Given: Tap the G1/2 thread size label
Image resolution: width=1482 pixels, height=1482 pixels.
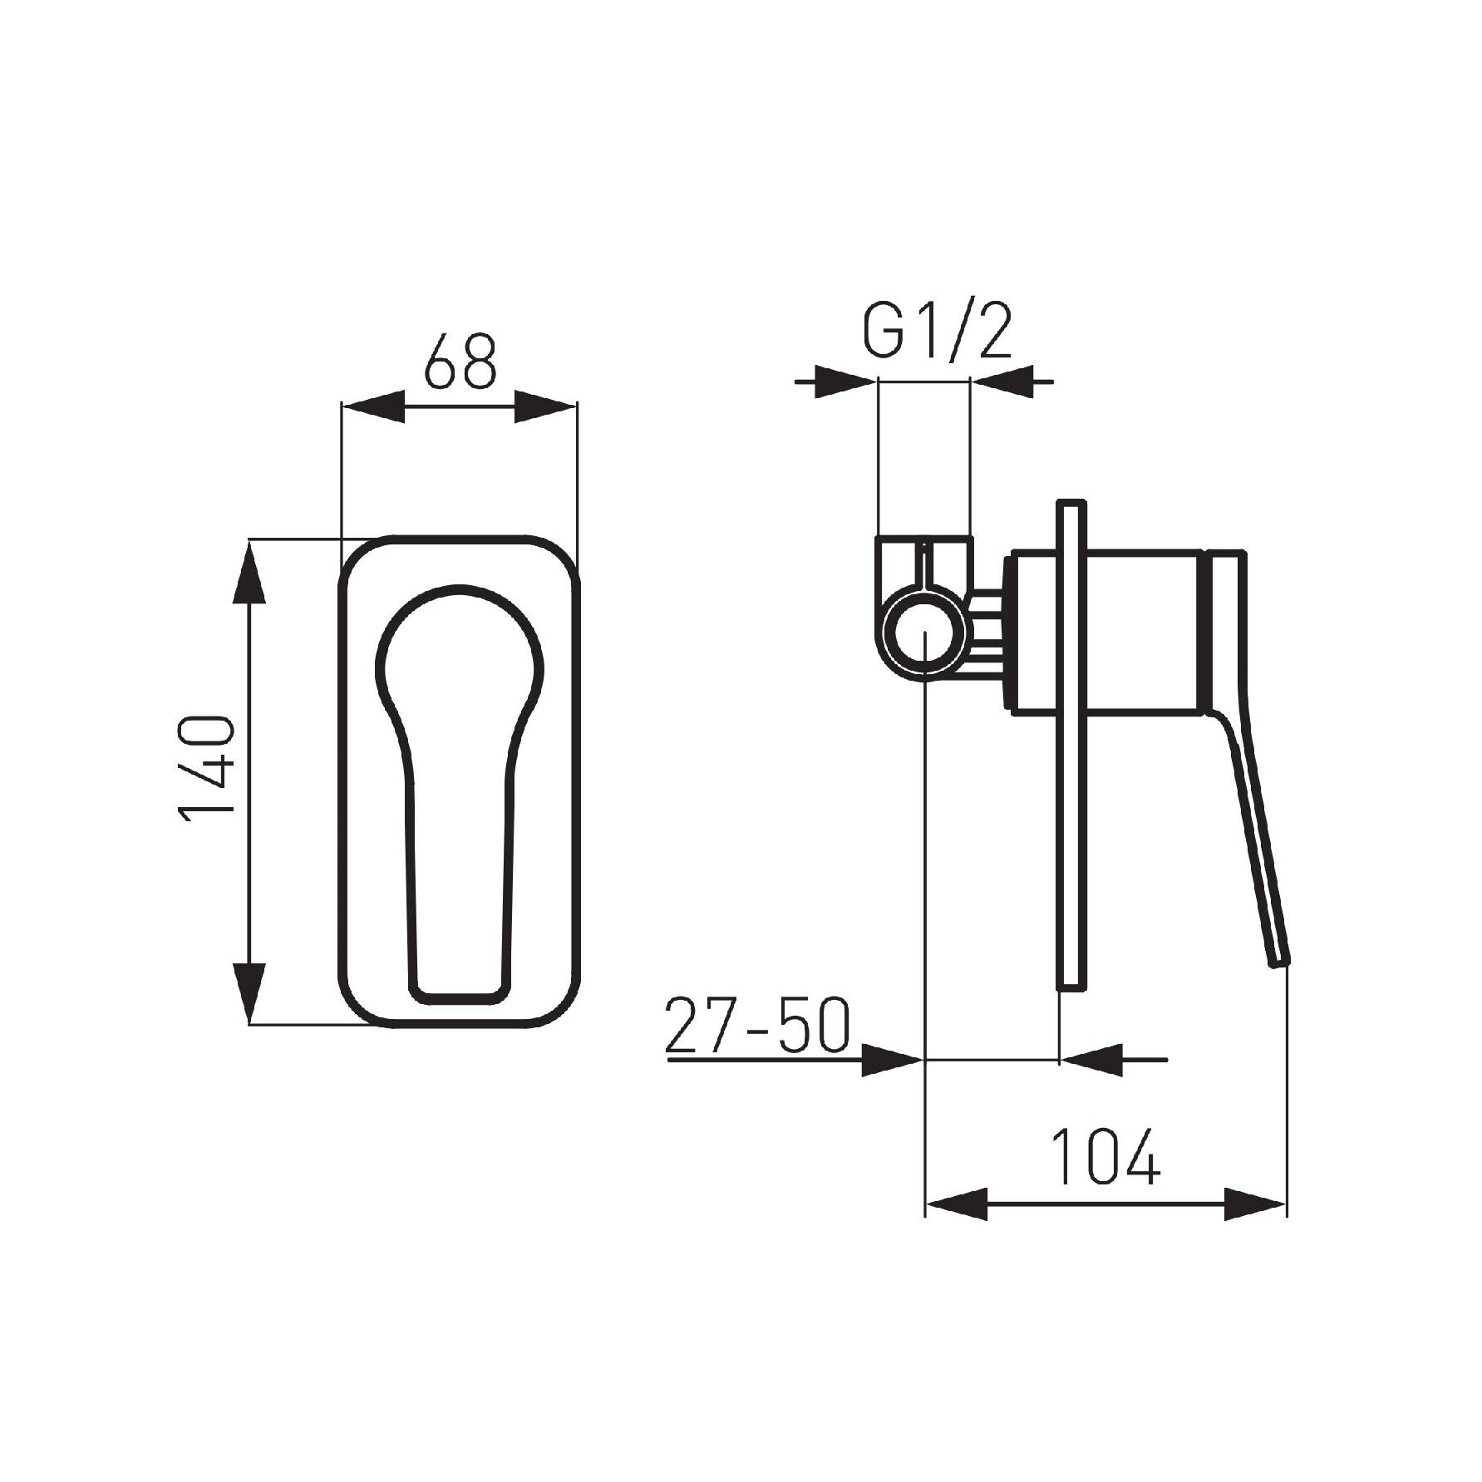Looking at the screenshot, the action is (x=937, y=332).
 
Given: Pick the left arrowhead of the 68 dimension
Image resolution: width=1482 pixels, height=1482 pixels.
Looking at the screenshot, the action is (x=373, y=406).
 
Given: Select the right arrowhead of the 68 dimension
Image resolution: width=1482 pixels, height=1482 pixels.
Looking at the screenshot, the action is (x=545, y=406).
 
